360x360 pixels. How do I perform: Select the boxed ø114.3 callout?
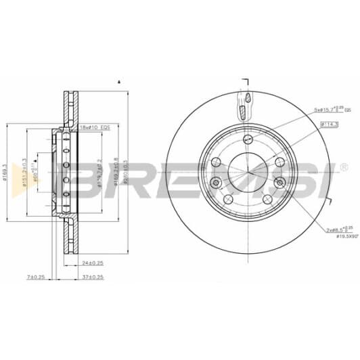pyautogui.click(x=329, y=124)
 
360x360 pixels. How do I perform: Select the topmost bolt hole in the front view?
pyautogui.click(x=248, y=139)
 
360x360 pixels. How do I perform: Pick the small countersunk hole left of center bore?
pyautogui.click(x=215, y=182)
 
